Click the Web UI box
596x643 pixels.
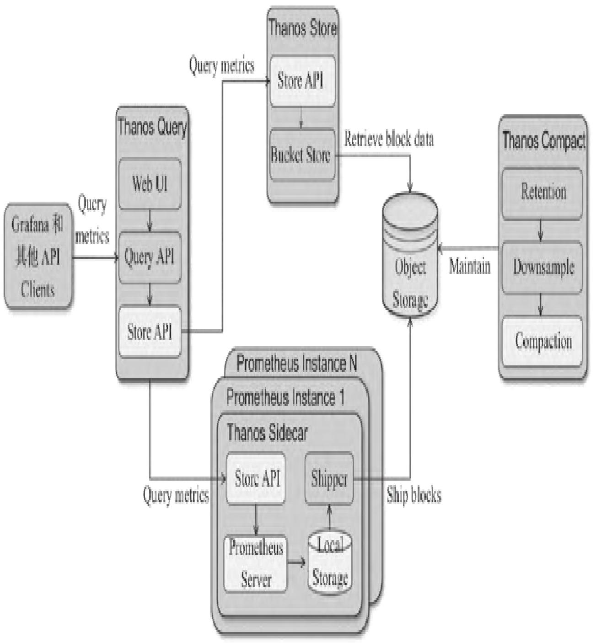150,184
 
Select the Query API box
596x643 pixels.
150,257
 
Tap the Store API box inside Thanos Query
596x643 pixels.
150,332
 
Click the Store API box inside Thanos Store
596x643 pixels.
302,81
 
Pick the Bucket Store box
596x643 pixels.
301,155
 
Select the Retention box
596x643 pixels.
542,192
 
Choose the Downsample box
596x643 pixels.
542,267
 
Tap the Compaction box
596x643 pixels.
542,341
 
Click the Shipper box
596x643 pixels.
329,479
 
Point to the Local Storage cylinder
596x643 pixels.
330,563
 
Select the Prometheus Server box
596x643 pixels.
256,564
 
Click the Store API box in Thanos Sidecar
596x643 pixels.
256,479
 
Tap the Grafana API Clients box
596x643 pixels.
38,257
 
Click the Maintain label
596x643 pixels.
470,266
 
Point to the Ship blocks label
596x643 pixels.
414,496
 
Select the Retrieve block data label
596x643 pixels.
389,139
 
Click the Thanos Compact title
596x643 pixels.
543,140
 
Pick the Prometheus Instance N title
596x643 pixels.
297,364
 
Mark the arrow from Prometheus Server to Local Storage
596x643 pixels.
297,562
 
